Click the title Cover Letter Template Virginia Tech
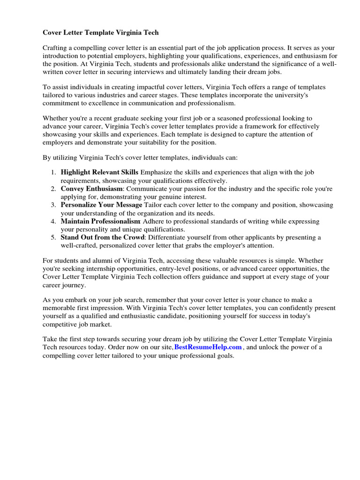(x=101, y=32)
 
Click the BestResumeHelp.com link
(x=208, y=347)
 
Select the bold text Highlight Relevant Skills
(x=99, y=172)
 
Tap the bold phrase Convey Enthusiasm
(x=89, y=189)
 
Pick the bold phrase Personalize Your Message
(x=101, y=205)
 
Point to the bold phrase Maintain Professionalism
(x=100, y=221)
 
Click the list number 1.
(x=53, y=172)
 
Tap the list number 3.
(x=53, y=205)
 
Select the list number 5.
(x=53, y=237)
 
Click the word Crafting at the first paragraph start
(x=55, y=48)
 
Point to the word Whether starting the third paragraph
(x=56, y=118)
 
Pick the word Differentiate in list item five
(x=169, y=237)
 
